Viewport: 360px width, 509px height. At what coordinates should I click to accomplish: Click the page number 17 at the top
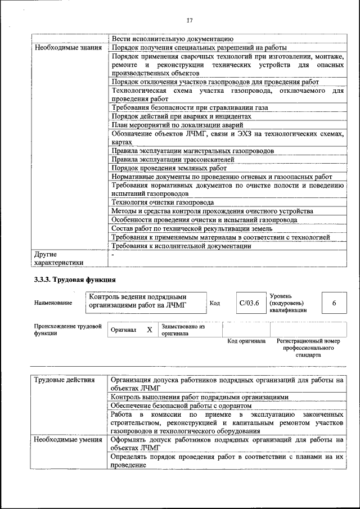point(189,21)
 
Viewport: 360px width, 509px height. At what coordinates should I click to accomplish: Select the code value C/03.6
point(249,303)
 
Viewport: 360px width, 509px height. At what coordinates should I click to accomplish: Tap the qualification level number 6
point(334,303)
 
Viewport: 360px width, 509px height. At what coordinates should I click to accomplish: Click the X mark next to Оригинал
point(150,330)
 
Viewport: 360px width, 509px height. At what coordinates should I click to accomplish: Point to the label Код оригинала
point(246,341)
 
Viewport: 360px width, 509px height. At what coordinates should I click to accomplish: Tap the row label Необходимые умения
point(68,440)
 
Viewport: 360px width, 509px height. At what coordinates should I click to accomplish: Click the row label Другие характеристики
point(59,258)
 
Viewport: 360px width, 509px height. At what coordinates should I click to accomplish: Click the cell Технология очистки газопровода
point(163,202)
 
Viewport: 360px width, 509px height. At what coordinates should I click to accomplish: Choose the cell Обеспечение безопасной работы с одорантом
point(181,406)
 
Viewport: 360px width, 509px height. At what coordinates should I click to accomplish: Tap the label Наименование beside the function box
point(53,303)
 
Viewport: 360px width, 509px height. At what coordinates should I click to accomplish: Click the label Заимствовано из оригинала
point(183,330)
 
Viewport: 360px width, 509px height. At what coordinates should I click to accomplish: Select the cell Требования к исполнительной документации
point(181,246)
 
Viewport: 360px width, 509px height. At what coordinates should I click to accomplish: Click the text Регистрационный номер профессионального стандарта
point(308,348)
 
